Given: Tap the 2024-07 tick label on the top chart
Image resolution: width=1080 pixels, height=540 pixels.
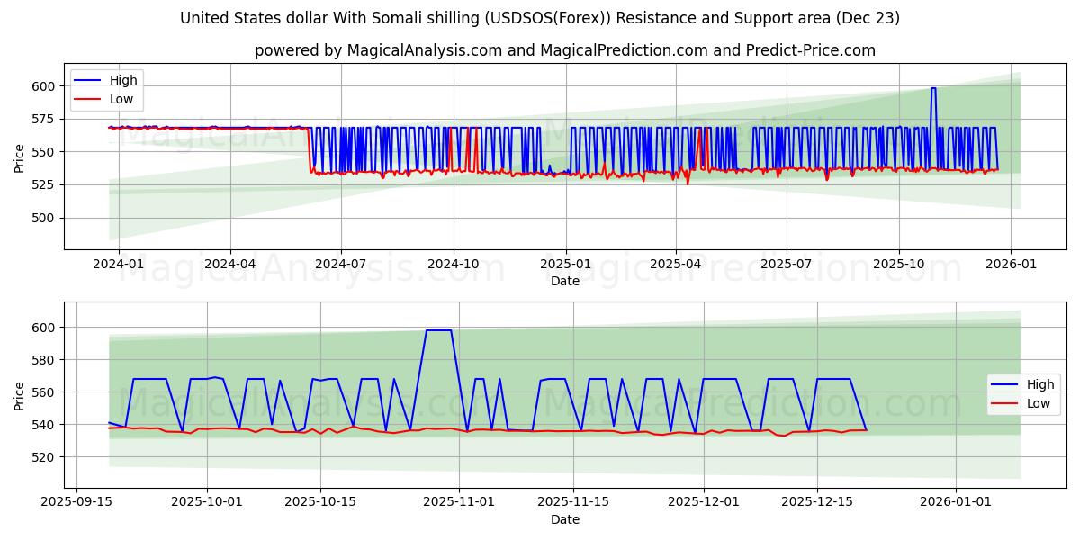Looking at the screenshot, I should click(x=340, y=264).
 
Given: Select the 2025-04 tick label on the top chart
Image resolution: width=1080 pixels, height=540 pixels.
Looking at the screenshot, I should click(x=675, y=264).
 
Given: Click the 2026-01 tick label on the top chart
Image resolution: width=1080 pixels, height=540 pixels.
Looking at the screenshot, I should click(x=1010, y=264).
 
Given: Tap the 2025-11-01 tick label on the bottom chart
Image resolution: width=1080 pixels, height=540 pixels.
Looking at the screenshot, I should click(x=460, y=502).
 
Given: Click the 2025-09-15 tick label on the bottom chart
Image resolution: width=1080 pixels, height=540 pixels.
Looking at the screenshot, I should click(x=76, y=502).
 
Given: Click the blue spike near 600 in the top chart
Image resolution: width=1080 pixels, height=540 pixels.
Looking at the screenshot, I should click(x=933, y=88).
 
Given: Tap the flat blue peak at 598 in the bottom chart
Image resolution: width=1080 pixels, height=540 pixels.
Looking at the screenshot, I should click(x=438, y=330).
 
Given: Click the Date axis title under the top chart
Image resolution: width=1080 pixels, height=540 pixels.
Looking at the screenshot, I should click(x=564, y=281).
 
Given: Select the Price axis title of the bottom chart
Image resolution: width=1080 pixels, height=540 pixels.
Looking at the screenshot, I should click(x=20, y=395).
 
